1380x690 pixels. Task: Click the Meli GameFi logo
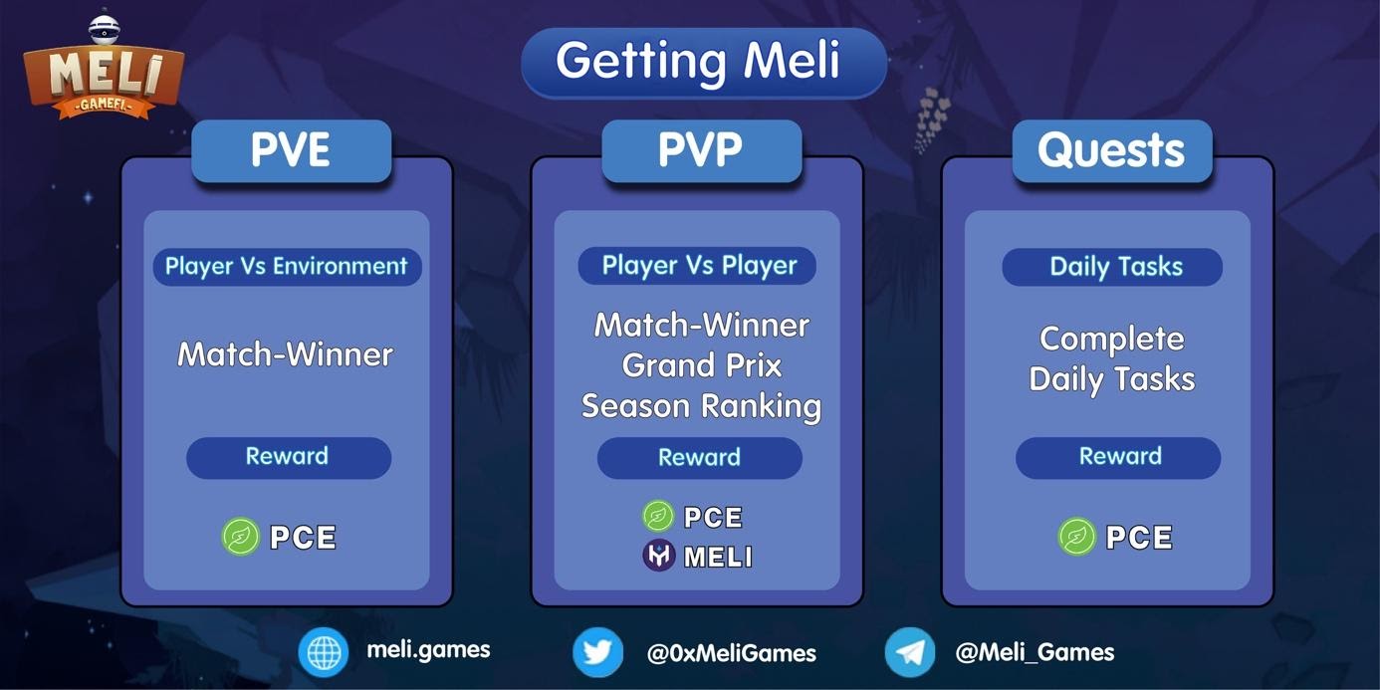104,69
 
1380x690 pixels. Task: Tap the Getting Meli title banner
704,62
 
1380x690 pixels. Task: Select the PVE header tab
292,150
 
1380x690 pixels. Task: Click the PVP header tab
702,150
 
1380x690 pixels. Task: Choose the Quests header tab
1112,150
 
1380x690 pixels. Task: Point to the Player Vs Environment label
287,267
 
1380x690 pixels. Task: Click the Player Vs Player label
697,266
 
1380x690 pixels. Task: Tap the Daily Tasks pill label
1112,267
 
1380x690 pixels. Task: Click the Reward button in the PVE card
289,458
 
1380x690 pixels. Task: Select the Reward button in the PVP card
700,458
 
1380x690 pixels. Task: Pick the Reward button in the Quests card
1118,458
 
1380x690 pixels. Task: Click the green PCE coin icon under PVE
240,537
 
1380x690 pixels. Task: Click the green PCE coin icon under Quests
1077,537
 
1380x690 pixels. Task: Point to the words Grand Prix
702,365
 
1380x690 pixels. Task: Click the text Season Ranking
702,406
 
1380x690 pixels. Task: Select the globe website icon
324,652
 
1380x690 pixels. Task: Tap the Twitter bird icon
597,652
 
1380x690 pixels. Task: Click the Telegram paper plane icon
910,652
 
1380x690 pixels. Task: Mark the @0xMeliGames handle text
731,653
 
